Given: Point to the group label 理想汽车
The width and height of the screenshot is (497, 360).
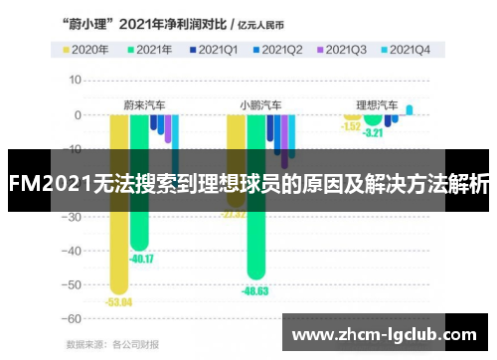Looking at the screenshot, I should click(x=377, y=103).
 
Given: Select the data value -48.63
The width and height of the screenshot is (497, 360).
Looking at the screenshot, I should click(x=255, y=290).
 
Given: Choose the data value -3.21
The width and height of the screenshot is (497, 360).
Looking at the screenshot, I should click(x=373, y=132).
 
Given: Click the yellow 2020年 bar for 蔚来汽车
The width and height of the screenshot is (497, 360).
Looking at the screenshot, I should click(x=118, y=219).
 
